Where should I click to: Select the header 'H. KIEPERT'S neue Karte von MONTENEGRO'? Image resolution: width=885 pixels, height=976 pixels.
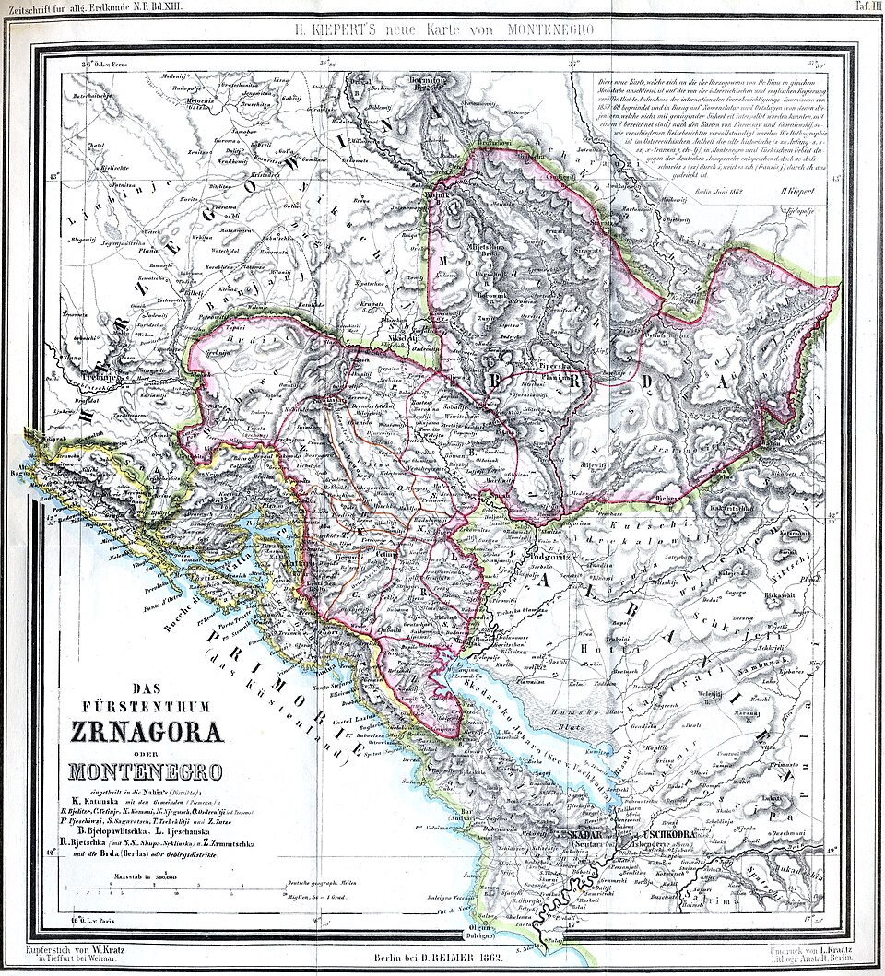[442, 29]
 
